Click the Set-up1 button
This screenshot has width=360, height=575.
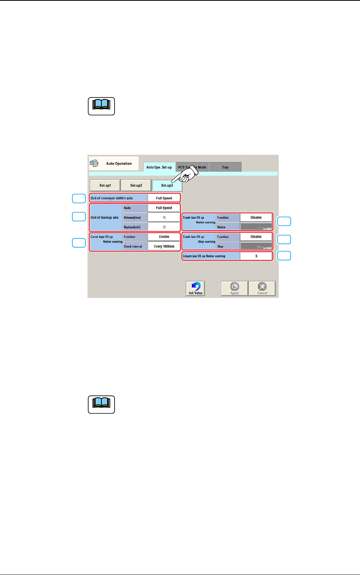(x=105, y=185)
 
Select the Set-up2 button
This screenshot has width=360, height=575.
(x=136, y=185)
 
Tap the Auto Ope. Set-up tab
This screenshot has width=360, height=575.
(x=159, y=167)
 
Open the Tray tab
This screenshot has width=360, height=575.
(x=225, y=167)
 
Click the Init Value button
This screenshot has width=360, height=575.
(x=195, y=288)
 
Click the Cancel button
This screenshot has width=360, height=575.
(x=262, y=288)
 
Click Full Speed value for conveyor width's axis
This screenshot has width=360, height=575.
(x=164, y=198)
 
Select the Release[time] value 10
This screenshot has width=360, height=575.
(x=164, y=217)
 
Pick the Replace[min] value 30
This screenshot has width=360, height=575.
(x=164, y=227)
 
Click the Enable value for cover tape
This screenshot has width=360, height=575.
(x=164, y=237)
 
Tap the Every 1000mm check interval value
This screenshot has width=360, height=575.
(x=164, y=246)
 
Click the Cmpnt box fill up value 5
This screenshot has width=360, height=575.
(x=256, y=256)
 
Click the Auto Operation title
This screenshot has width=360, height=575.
(x=118, y=164)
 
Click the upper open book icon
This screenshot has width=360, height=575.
(x=101, y=106)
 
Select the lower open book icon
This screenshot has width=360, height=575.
(x=101, y=404)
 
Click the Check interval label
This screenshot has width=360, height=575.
(x=133, y=246)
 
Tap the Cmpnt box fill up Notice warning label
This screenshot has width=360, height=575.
(x=210, y=256)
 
